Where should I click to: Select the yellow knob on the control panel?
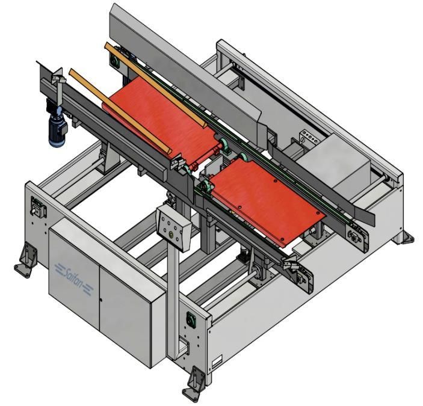coord(171,235)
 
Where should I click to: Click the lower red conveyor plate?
coord(267,201)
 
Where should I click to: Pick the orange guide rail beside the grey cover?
coord(156,85)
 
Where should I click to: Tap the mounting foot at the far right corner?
coord(404,237)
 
